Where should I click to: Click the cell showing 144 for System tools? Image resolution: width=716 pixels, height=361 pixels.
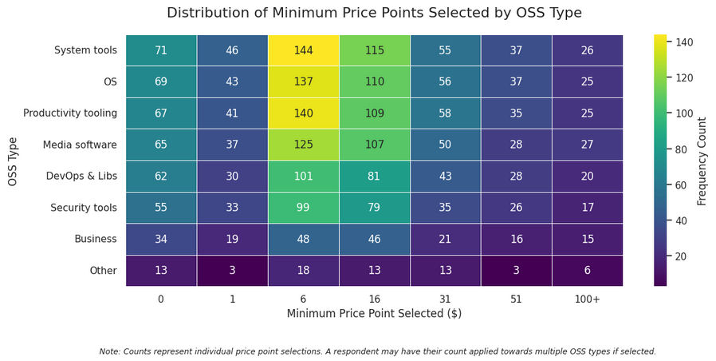303,50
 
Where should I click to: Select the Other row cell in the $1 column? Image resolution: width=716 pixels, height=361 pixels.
232,271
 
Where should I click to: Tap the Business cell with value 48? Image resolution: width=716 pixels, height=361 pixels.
303,239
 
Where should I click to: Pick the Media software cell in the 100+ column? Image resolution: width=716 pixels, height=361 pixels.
588,145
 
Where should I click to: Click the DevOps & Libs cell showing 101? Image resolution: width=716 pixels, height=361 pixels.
303,177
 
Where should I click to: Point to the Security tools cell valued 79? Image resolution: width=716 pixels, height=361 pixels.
374,208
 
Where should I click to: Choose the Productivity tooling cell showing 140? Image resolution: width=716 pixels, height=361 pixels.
303,113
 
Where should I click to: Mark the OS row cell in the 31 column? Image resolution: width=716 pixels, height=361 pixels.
446,81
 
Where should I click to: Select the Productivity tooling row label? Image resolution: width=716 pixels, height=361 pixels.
70,113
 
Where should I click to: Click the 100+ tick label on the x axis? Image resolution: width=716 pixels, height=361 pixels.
588,298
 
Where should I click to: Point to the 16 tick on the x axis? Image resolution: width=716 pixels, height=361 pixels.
374,298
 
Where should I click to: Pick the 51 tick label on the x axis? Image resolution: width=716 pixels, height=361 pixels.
517,298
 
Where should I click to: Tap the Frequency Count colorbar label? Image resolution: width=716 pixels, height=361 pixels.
702,161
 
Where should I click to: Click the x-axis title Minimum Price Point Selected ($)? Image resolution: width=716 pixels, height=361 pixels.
374,314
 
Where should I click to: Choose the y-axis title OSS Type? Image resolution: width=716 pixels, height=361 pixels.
13,161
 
